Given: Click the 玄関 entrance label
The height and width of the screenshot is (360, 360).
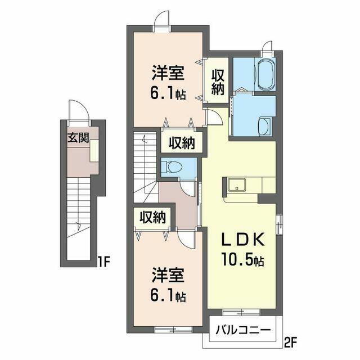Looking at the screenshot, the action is [x=78, y=138].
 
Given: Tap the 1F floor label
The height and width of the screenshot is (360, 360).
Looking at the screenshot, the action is [x=102, y=262].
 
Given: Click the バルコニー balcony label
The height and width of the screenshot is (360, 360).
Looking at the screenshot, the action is [x=242, y=330].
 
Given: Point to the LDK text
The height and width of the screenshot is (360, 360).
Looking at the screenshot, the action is [x=242, y=240].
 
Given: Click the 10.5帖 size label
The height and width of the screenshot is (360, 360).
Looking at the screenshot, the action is [x=242, y=260].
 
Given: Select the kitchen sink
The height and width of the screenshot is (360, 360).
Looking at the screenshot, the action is [x=237, y=185].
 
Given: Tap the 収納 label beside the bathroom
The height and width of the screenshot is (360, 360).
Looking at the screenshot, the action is [x=218, y=82].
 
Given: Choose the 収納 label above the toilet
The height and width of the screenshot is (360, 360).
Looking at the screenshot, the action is [x=182, y=143].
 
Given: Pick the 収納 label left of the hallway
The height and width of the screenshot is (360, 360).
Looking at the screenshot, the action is [x=153, y=217].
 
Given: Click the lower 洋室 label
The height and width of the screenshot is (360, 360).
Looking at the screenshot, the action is [x=168, y=275].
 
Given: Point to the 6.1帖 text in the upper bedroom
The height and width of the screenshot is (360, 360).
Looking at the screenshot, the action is [x=168, y=93].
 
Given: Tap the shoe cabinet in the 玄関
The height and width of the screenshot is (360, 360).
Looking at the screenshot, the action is [x=94, y=151].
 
